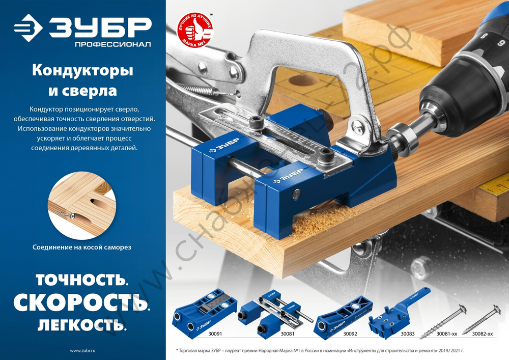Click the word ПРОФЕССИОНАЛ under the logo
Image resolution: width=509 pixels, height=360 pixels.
(x=113, y=45)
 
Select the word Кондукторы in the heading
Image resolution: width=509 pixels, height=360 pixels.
(x=82, y=71)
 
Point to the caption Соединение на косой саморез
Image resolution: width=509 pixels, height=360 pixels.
(x=82, y=247)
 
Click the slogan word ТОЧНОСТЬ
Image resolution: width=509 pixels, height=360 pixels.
(x=81, y=280)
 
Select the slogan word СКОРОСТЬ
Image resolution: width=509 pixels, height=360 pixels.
(x=81, y=302)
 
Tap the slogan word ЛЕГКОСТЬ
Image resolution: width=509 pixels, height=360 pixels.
(x=82, y=324)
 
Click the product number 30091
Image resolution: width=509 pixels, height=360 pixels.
(x=216, y=334)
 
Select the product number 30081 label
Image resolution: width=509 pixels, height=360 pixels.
(x=289, y=334)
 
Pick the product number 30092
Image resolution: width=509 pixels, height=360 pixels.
(x=350, y=334)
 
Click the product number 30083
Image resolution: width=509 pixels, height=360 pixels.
(x=408, y=334)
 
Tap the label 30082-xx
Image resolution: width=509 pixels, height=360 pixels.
(x=482, y=334)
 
